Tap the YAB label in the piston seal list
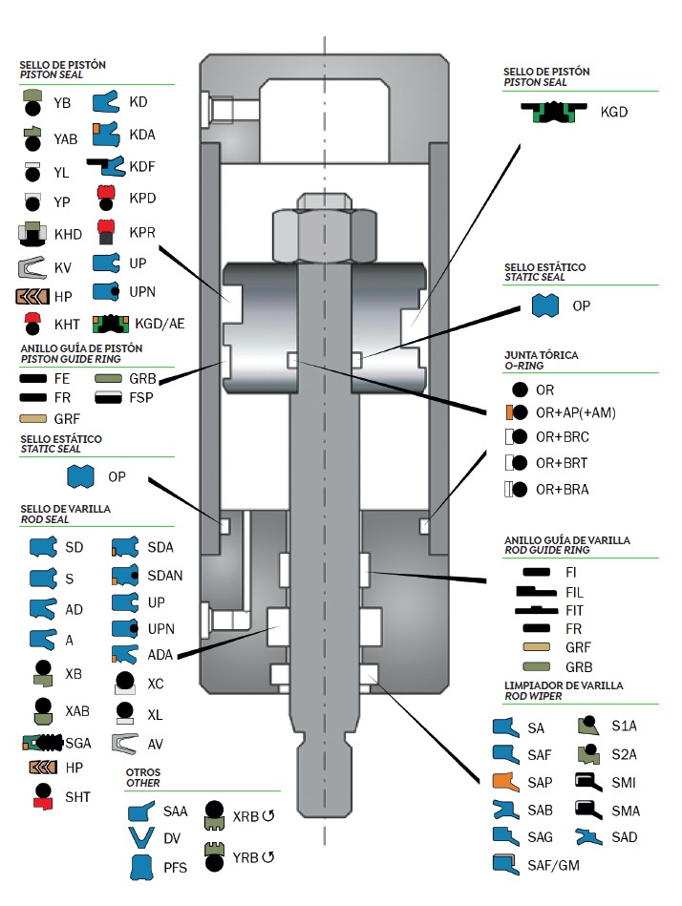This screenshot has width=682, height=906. (66, 139)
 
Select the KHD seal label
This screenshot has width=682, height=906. (69, 234)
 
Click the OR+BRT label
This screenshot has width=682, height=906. (561, 463)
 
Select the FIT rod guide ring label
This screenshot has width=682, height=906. (573, 610)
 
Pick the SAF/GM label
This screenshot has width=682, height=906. (554, 866)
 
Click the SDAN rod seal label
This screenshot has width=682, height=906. (164, 576)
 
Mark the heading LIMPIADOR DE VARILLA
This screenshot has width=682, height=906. (564, 685)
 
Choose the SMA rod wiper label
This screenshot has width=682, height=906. (626, 811)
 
